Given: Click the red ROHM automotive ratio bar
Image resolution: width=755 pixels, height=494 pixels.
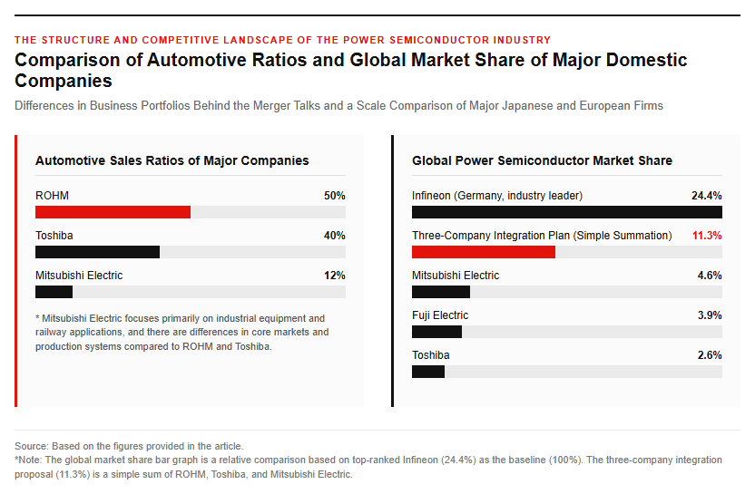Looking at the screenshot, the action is [x=113, y=212].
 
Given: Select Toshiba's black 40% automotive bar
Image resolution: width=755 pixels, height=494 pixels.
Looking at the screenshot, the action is [x=97, y=252].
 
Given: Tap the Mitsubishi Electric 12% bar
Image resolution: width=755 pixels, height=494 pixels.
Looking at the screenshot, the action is [x=54, y=292].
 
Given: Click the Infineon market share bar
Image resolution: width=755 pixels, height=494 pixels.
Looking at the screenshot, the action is [x=567, y=212].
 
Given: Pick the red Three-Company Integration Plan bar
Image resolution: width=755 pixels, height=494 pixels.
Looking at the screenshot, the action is [x=484, y=252].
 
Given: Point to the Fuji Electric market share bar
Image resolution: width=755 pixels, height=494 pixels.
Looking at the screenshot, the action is [x=436, y=332].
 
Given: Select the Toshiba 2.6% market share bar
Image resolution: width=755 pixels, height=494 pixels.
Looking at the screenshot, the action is [x=428, y=372].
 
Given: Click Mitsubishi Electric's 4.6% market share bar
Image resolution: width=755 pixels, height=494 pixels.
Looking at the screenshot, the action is [x=441, y=292].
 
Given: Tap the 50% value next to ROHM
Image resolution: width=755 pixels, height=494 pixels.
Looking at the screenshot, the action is [x=335, y=196].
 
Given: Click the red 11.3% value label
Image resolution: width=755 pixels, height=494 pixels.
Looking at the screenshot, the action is [x=707, y=236].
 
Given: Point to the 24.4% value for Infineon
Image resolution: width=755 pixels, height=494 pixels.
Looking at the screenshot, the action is [x=707, y=196].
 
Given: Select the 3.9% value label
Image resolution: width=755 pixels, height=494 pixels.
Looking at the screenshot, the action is [x=710, y=315].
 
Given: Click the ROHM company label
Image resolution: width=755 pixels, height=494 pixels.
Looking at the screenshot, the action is [x=52, y=196].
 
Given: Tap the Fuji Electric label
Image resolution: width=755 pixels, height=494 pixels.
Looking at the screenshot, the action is [x=440, y=315].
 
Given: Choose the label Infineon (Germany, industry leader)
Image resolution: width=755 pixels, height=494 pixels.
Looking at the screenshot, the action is [x=497, y=196].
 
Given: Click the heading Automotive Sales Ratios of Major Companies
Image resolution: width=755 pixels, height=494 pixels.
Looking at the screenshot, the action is [x=172, y=160].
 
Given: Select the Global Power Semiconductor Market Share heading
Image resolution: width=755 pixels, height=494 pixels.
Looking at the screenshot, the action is [x=542, y=160].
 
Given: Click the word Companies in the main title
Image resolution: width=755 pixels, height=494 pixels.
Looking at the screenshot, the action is [x=64, y=81].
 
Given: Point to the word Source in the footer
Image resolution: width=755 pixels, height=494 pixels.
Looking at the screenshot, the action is [x=31, y=446].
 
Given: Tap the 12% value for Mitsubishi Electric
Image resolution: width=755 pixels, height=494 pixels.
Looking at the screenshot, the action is [x=335, y=276].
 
